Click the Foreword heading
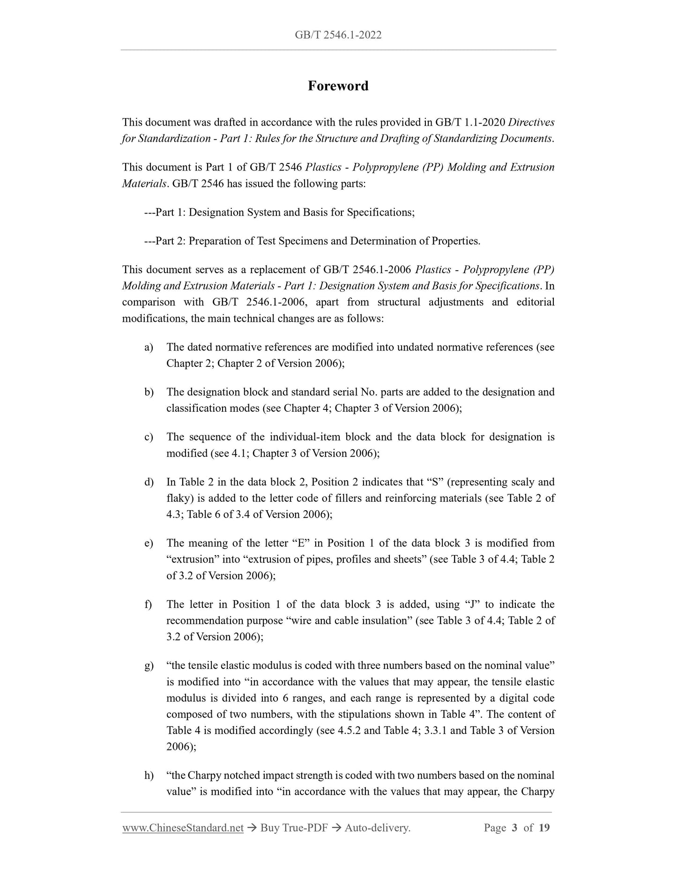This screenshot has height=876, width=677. [x=338, y=86]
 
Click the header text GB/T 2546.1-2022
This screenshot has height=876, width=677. [x=338, y=35]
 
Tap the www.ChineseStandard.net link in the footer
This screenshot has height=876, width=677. [x=183, y=828]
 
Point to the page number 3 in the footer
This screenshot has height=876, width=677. [x=514, y=828]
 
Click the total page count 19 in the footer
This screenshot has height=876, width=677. [x=544, y=828]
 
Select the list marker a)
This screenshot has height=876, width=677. [x=149, y=347]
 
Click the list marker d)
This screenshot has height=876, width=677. [x=149, y=482]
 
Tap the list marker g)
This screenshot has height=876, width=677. [x=149, y=666]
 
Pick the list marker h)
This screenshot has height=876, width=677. [x=149, y=775]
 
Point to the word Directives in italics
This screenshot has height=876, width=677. [x=531, y=122]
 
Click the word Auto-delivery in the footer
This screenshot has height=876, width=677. [x=377, y=828]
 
